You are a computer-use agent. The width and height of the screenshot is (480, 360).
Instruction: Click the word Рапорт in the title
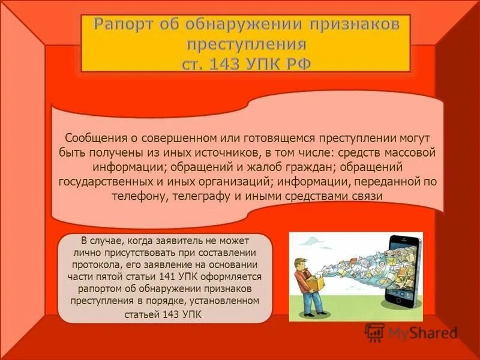[x=124, y=25]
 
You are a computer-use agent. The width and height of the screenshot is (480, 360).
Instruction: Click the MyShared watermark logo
[x=412, y=332]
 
